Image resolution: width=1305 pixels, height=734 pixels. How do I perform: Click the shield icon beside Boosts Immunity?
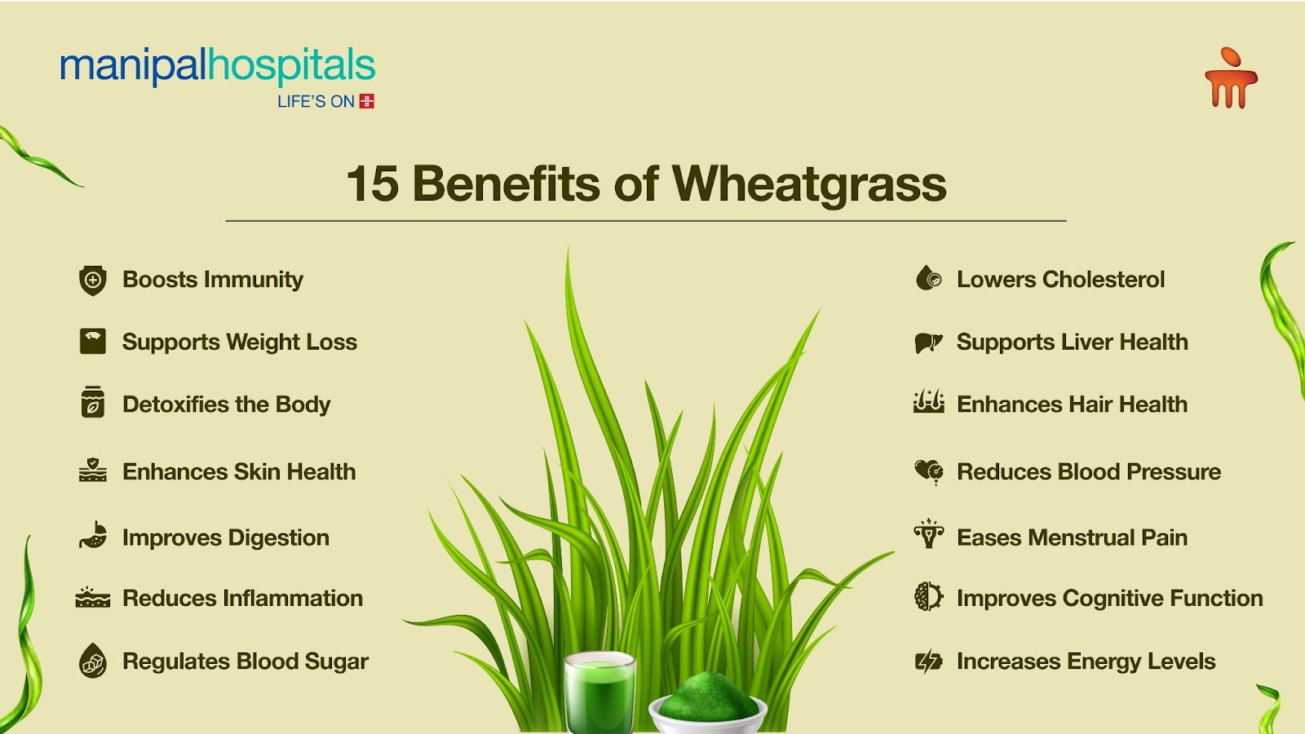(93, 280)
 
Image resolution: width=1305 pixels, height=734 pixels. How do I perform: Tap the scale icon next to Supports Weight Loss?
(93, 341)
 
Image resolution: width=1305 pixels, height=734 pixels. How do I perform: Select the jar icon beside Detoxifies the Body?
(93, 403)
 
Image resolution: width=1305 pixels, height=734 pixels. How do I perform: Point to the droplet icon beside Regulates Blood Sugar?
(93, 661)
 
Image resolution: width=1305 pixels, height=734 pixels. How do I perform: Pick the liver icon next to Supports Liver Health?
(928, 343)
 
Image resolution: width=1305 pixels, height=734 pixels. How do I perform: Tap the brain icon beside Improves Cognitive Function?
(928, 597)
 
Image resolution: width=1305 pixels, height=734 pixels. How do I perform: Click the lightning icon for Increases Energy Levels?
(928, 661)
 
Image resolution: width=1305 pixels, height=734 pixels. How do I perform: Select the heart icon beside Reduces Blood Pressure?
(928, 471)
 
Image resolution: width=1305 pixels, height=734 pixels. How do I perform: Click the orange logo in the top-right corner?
(1231, 79)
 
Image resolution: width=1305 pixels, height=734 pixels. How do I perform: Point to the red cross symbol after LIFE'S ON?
(367, 101)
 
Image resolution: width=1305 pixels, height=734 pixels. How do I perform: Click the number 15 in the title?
(373, 183)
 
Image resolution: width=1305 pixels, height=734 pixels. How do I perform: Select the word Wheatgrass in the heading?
(809, 183)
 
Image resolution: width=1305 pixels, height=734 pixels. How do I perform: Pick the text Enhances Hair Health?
(1072, 404)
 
